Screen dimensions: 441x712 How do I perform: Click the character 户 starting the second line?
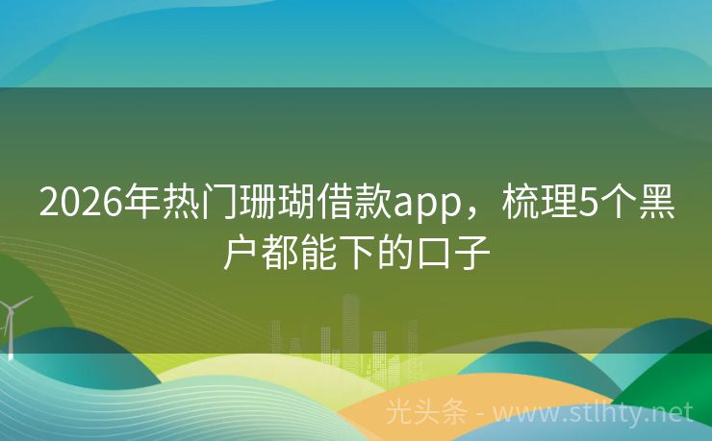point(238,254)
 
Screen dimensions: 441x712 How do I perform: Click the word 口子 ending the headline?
point(464,254)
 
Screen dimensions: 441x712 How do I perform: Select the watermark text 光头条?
point(425,413)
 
